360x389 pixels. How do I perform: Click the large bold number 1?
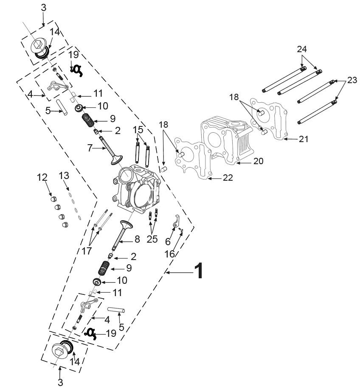click(x=199, y=271)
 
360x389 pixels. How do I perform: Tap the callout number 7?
click(x=90, y=148)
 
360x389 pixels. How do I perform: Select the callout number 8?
click(x=137, y=240)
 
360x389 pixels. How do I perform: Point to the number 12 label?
click(x=42, y=177)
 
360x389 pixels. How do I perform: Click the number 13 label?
click(x=64, y=175)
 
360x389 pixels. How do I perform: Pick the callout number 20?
click(x=258, y=161)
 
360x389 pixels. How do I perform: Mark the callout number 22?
click(x=228, y=178)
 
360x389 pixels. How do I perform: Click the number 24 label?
click(x=302, y=49)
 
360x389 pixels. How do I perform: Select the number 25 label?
click(x=152, y=239)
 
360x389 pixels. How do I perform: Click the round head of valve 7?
click(x=115, y=160)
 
